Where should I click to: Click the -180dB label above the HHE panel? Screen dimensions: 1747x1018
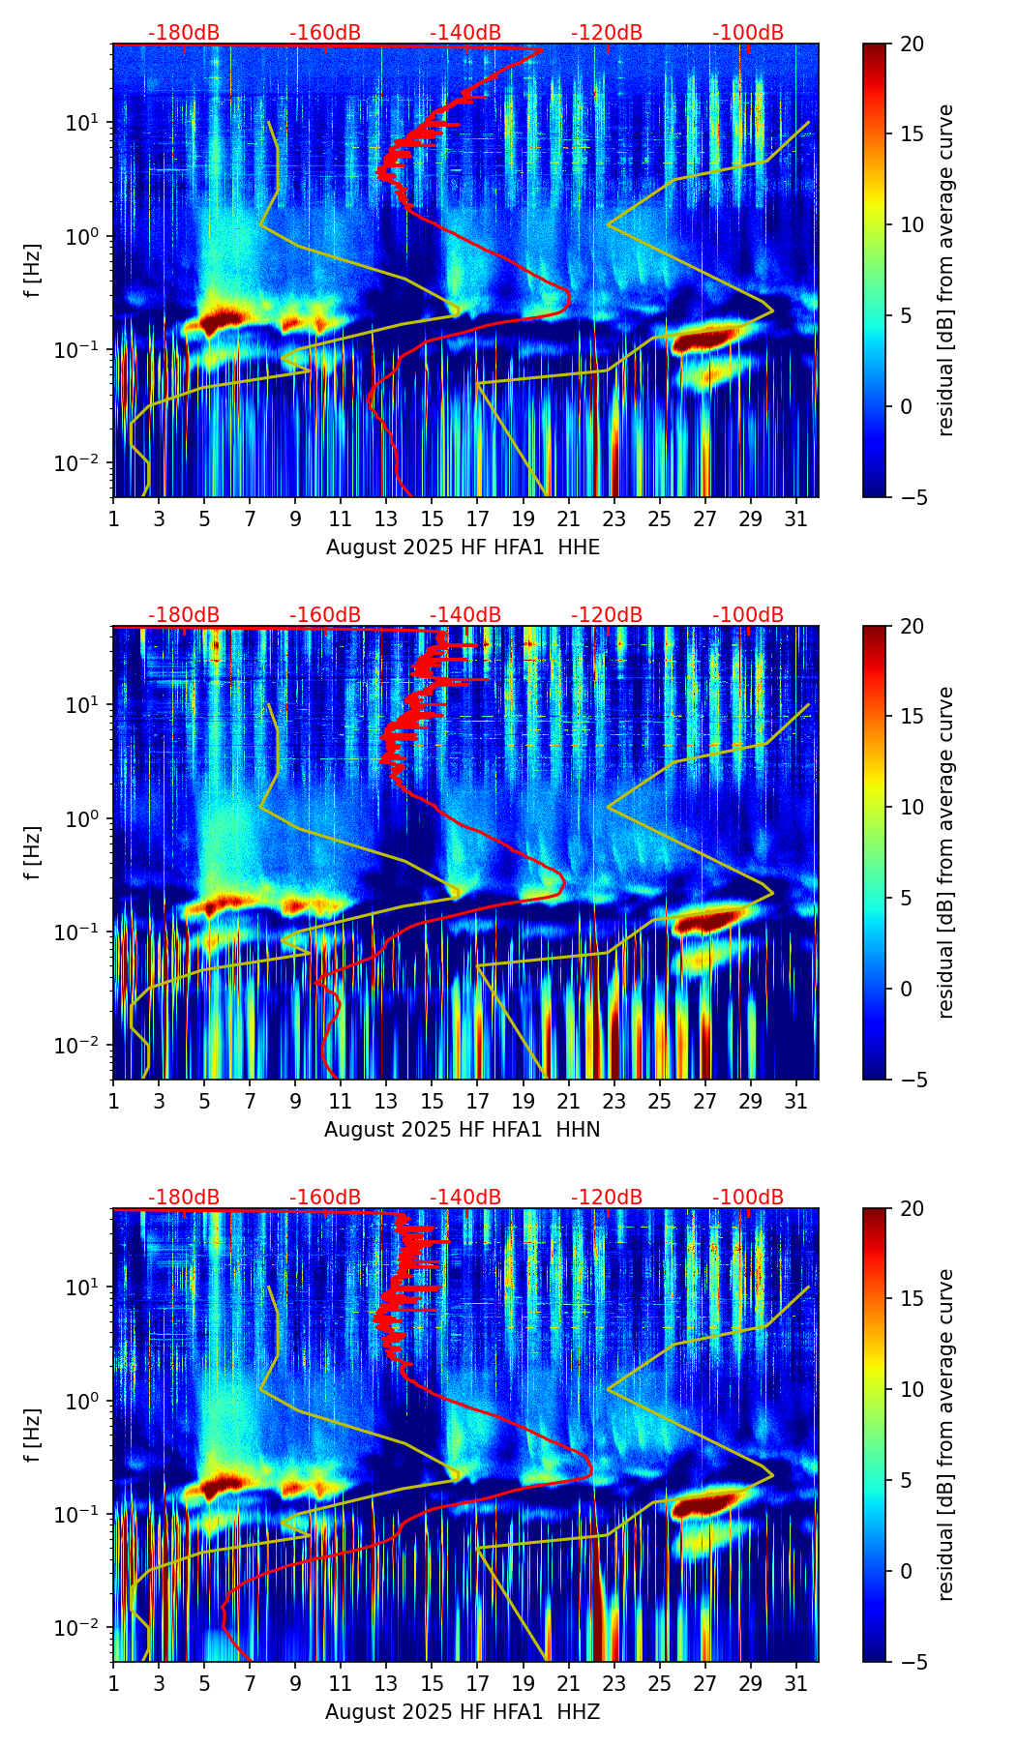click(184, 33)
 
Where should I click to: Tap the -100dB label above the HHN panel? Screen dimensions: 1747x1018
click(748, 615)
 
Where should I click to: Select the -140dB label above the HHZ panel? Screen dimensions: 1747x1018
click(465, 1198)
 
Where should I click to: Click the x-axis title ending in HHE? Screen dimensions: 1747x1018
click(463, 548)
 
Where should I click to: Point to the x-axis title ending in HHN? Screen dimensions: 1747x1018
click(463, 1130)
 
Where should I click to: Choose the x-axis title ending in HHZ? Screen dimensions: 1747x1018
click(463, 1712)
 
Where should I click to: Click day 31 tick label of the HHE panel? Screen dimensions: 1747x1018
click(795, 518)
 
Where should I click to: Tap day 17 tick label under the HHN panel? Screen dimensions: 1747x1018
click(477, 1101)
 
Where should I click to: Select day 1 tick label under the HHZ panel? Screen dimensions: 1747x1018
click(113, 1683)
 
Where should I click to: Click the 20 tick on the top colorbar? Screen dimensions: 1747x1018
click(912, 44)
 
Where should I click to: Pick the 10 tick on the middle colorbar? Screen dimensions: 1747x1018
click(912, 807)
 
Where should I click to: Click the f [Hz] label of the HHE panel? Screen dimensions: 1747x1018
click(33, 271)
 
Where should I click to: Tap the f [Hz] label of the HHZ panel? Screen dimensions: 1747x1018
click(33, 1436)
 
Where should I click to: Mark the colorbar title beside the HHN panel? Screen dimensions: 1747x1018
click(946, 852)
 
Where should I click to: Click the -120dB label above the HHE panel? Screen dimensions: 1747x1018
click(607, 33)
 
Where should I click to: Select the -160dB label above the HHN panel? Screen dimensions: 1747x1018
click(325, 615)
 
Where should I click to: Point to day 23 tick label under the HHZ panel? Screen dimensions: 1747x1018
click(614, 1683)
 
